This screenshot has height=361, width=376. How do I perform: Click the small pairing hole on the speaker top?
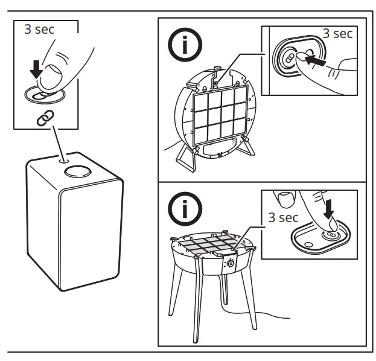(x=64, y=159)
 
